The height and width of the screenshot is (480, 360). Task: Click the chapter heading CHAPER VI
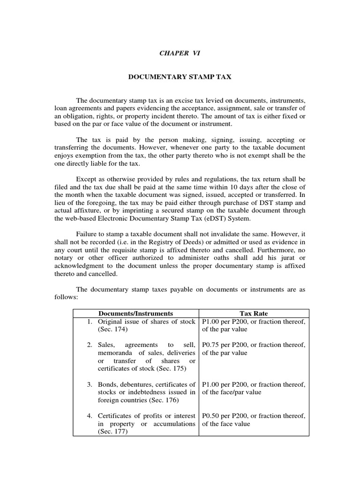tap(180, 53)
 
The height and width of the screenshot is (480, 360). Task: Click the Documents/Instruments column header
tap(136, 313)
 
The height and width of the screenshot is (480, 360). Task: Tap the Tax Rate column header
tap(254, 313)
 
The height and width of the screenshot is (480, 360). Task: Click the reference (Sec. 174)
tap(113, 330)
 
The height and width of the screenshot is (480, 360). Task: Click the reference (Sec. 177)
tap(113, 432)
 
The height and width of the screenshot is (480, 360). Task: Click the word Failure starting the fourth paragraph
tap(89, 233)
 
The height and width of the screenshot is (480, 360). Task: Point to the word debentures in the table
tap(139, 384)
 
